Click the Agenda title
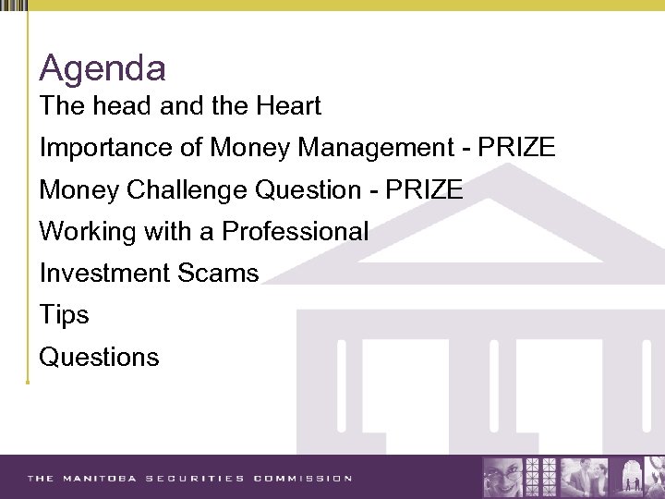103,68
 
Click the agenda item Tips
64,315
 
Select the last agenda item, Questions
99,358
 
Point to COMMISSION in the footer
303,479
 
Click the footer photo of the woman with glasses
502,477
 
